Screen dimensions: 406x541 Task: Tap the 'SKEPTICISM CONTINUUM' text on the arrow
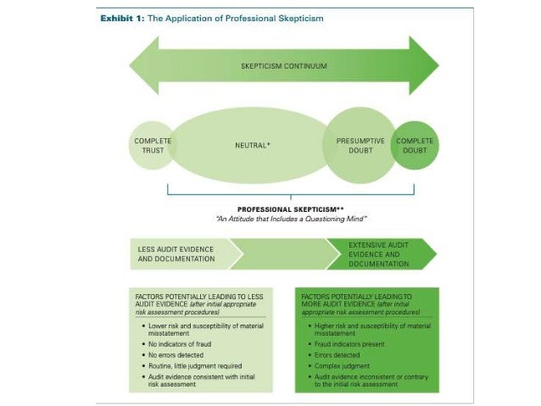[x=283, y=66]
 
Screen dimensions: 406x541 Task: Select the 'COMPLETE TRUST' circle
[x=153, y=146]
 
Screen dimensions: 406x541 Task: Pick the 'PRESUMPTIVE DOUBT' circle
[x=360, y=146]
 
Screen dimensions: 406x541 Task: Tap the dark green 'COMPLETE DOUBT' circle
[x=415, y=146]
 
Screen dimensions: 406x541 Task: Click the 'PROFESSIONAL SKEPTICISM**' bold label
[x=283, y=209]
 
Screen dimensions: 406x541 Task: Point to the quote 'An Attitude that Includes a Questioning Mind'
[x=283, y=219]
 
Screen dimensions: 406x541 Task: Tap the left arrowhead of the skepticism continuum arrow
[x=144, y=66]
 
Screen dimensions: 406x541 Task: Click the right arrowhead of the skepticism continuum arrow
[x=424, y=66]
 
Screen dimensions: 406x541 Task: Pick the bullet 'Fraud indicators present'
[x=350, y=344]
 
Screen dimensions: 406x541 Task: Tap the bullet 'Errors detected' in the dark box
[x=338, y=355]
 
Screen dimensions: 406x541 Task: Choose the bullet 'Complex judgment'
[x=343, y=366]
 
